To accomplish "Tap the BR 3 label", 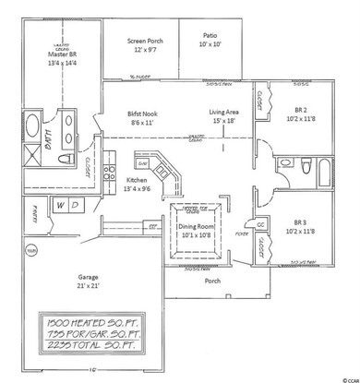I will point(304,227).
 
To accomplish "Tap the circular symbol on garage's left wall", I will point(30,250).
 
